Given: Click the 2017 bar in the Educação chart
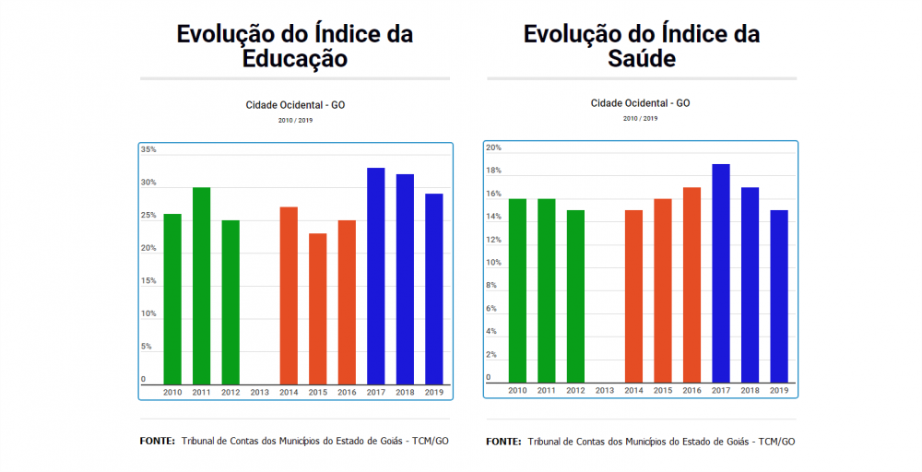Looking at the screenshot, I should coord(375,277).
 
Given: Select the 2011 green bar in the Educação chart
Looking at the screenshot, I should coord(201,286).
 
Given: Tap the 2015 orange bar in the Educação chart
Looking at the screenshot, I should coord(317,309).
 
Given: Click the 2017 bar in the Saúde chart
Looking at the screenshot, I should coord(721,273).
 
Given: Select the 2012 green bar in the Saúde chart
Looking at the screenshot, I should coord(575,296).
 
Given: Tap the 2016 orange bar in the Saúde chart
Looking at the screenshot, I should coord(691,285).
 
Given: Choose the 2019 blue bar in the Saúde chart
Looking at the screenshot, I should coord(779,296).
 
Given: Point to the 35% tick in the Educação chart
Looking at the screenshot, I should coord(148,149).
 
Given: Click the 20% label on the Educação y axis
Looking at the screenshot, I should coord(148,248).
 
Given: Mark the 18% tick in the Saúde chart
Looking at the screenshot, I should coord(493,171).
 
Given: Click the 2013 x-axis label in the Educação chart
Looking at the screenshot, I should coord(260,393).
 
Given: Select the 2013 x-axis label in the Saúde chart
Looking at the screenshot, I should coord(605,391).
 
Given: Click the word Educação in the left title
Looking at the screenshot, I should coord(294,59).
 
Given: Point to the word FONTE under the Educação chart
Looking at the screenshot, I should coord(158,441).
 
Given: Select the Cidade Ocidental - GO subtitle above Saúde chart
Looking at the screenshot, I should coord(640,103).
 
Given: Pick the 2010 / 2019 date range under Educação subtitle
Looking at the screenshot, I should coord(294,120).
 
